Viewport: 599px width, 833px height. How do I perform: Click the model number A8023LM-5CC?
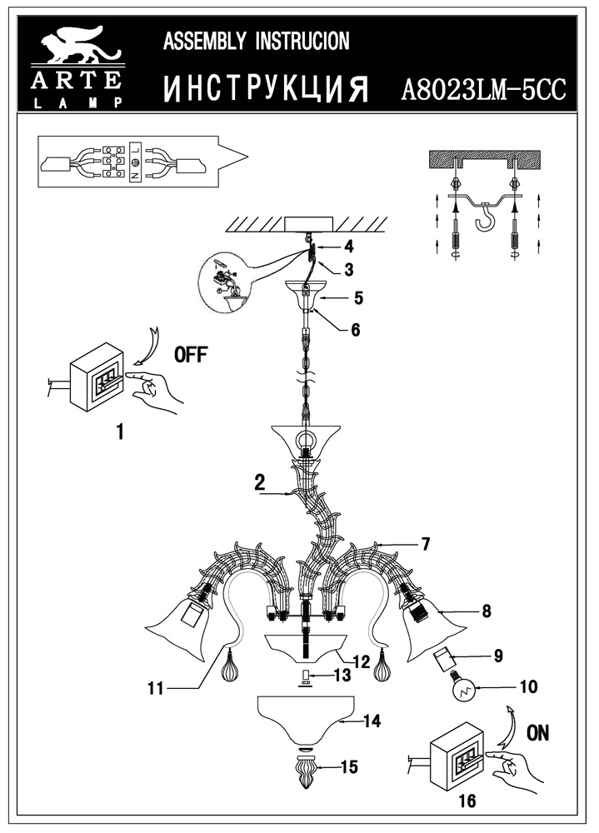484,90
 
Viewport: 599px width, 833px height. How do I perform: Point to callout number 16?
467,801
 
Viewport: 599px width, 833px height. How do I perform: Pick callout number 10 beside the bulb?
528,687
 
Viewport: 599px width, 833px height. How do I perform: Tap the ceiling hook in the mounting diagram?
483,221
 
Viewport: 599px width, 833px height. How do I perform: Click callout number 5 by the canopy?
358,297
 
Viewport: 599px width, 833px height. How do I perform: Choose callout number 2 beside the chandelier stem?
260,481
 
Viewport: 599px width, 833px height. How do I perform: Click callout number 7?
425,545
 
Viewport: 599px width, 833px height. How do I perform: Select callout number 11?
154,688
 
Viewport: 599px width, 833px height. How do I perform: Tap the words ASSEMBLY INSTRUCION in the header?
256,42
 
